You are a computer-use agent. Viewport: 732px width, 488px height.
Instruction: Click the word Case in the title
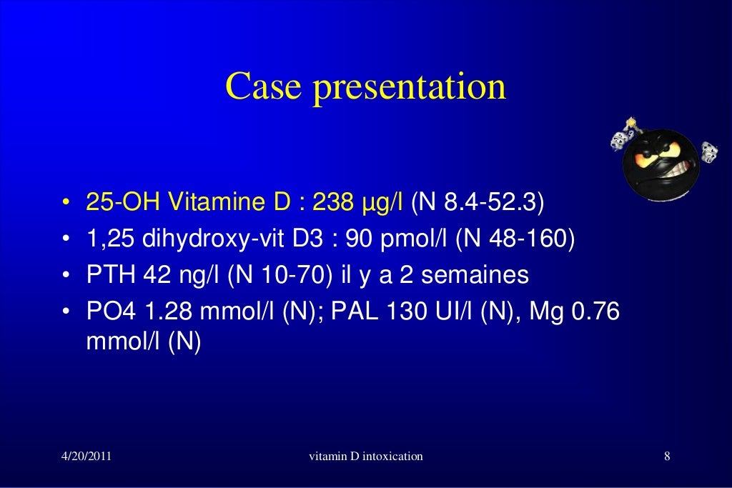tap(260, 87)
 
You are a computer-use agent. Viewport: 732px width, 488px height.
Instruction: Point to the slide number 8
tap(666, 456)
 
